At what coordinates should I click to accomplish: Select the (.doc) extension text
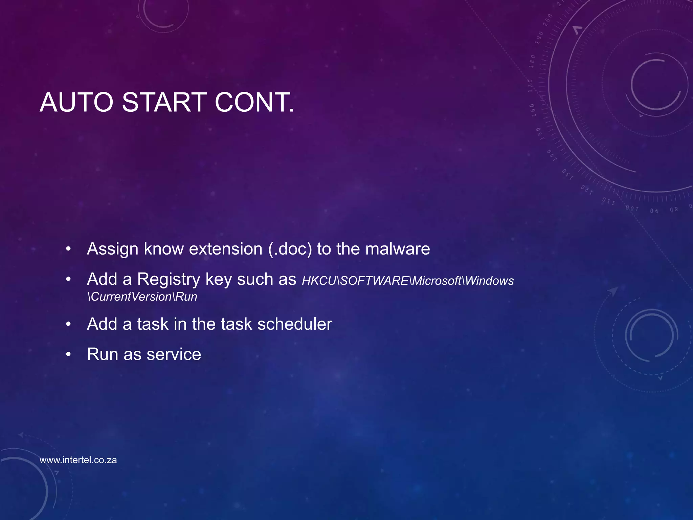[x=290, y=249]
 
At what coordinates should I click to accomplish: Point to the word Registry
[x=169, y=280]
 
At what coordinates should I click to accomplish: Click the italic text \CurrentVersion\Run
[x=142, y=297]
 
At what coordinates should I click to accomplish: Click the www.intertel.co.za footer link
[x=78, y=460]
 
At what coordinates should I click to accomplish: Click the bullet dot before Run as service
[x=68, y=354]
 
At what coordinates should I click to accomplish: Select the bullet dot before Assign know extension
[x=68, y=250]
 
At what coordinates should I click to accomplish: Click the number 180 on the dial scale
[x=532, y=61]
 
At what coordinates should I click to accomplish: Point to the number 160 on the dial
[x=532, y=110]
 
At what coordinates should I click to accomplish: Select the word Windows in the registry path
[x=489, y=281]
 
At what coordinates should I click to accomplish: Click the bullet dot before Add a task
[x=68, y=324]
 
